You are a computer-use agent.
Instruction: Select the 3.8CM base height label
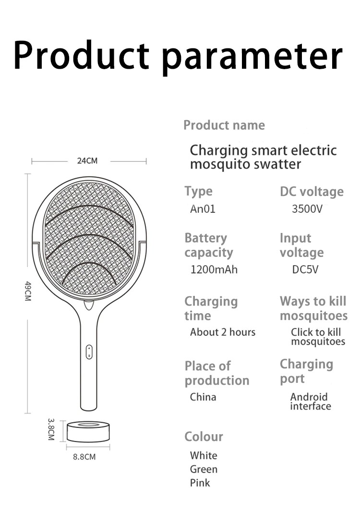51,429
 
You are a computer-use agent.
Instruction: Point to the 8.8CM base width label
84,457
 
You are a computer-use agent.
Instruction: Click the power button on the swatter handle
89,352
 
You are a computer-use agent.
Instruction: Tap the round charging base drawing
88,431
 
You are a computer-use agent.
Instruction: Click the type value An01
203,209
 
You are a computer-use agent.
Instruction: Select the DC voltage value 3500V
307,209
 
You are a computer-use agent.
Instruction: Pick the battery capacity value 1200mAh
214,269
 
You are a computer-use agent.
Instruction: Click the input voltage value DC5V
305,269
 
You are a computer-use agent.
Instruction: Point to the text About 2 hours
223,332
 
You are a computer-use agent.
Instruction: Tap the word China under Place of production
203,397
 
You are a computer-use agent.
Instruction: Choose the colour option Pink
200,483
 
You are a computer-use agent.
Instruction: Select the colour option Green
204,469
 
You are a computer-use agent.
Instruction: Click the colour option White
204,455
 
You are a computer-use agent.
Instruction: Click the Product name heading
224,125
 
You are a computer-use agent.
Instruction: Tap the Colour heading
204,437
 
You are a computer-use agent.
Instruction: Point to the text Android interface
310,402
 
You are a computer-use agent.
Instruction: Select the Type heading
198,191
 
